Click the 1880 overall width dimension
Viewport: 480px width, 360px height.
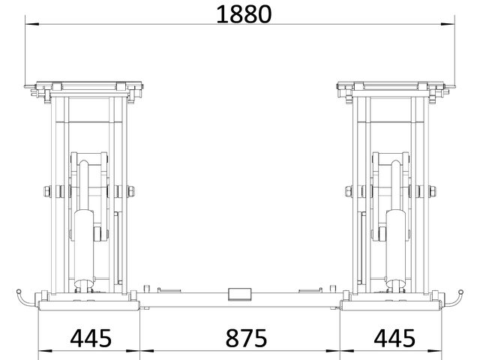point(244,14)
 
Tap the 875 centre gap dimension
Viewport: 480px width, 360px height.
point(246,338)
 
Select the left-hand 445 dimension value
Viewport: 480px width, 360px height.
point(91,338)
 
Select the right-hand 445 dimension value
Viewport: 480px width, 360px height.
point(394,338)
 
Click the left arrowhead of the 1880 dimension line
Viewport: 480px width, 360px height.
point(31,24)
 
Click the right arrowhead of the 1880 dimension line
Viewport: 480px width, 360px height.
point(448,24)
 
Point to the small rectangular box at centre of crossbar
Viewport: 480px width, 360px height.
point(240,294)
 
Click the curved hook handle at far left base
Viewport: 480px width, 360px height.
point(25,298)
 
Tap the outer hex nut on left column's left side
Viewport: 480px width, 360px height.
point(47,192)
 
